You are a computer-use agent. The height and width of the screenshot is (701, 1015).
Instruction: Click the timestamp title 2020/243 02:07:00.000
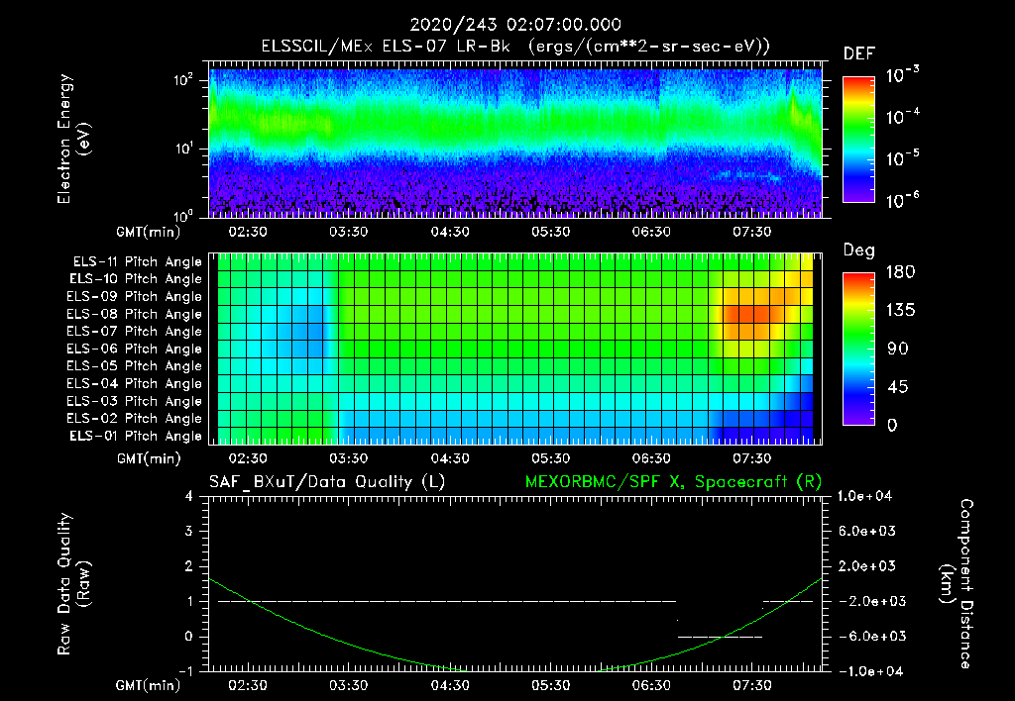pos(507,25)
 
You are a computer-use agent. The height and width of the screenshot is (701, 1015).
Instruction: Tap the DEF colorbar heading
pos(858,53)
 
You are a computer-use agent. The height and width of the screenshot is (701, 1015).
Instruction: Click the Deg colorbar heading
pos(858,250)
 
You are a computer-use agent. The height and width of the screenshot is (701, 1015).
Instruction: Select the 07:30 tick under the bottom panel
pos(752,685)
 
